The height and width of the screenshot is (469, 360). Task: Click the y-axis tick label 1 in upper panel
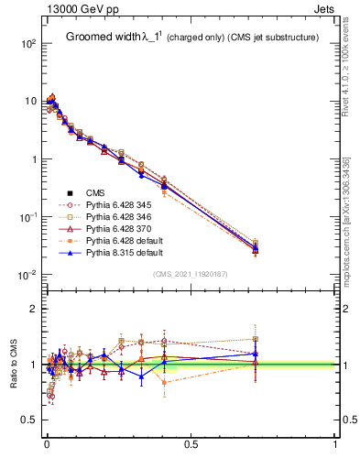click(x=33, y=159)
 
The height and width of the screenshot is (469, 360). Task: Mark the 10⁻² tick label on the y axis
click(x=27, y=275)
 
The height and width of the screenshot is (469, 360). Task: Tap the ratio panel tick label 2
click(x=34, y=309)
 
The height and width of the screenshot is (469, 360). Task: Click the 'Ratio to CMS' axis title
click(x=12, y=366)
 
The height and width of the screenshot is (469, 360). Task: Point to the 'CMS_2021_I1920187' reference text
click(x=191, y=274)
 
